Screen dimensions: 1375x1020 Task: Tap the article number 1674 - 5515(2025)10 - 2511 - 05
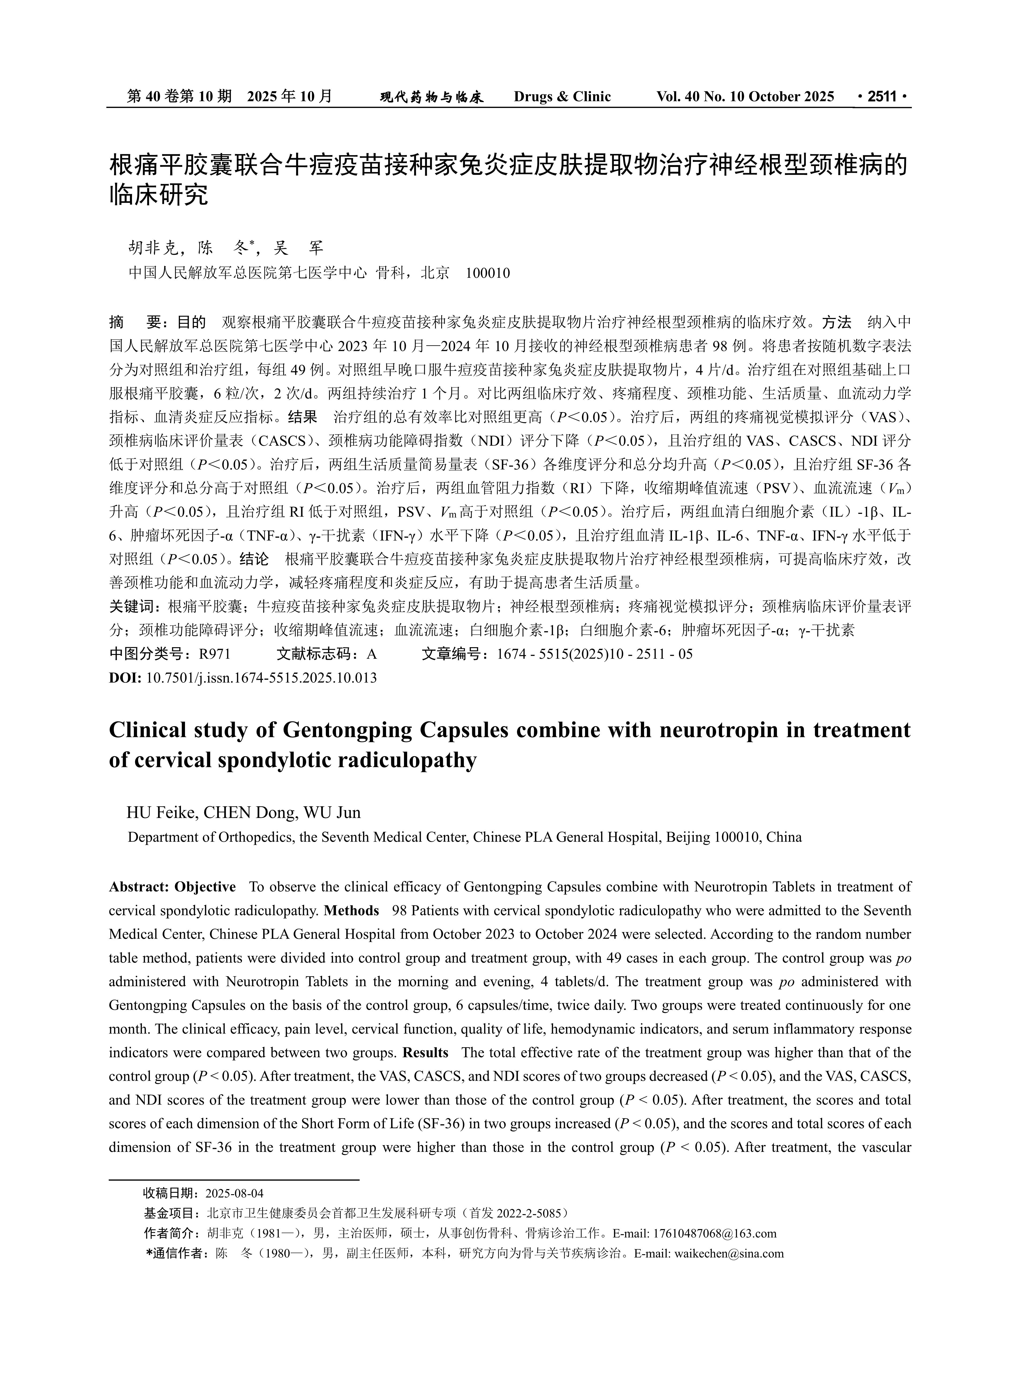pyautogui.click(x=595, y=654)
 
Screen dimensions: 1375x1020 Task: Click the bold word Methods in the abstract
pyautogui.click(x=351, y=911)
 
